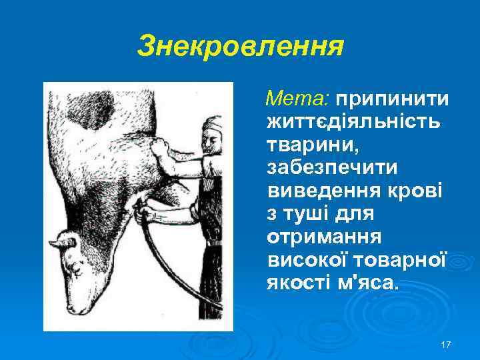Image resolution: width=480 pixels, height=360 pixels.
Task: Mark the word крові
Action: coord(419,191)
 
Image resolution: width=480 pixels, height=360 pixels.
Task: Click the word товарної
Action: coord(398,261)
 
